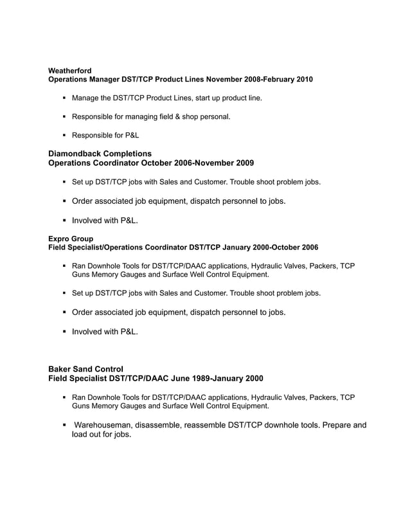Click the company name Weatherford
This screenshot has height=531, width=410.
click(x=70, y=70)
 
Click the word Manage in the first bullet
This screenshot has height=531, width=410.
click(x=86, y=98)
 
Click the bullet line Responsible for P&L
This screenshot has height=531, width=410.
click(x=105, y=136)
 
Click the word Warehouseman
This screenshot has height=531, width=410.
click(x=107, y=425)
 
